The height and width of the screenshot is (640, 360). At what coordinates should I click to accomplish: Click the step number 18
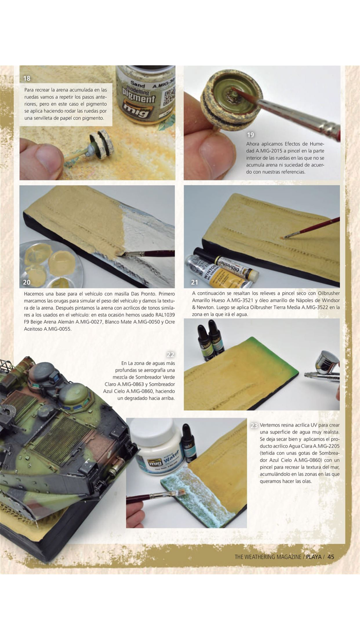pyautogui.click(x=27, y=79)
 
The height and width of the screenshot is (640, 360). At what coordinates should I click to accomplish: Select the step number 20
pyautogui.click(x=27, y=282)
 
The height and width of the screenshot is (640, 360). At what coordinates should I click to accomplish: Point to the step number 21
pyautogui.click(x=194, y=282)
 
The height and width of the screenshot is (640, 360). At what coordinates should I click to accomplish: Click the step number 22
pyautogui.click(x=171, y=354)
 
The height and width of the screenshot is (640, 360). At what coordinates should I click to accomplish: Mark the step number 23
pyautogui.click(x=254, y=425)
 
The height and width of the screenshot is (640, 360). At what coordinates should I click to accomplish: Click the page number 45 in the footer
pyautogui.click(x=331, y=556)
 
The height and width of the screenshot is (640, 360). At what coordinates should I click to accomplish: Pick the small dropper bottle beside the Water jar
pyautogui.click(x=189, y=442)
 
